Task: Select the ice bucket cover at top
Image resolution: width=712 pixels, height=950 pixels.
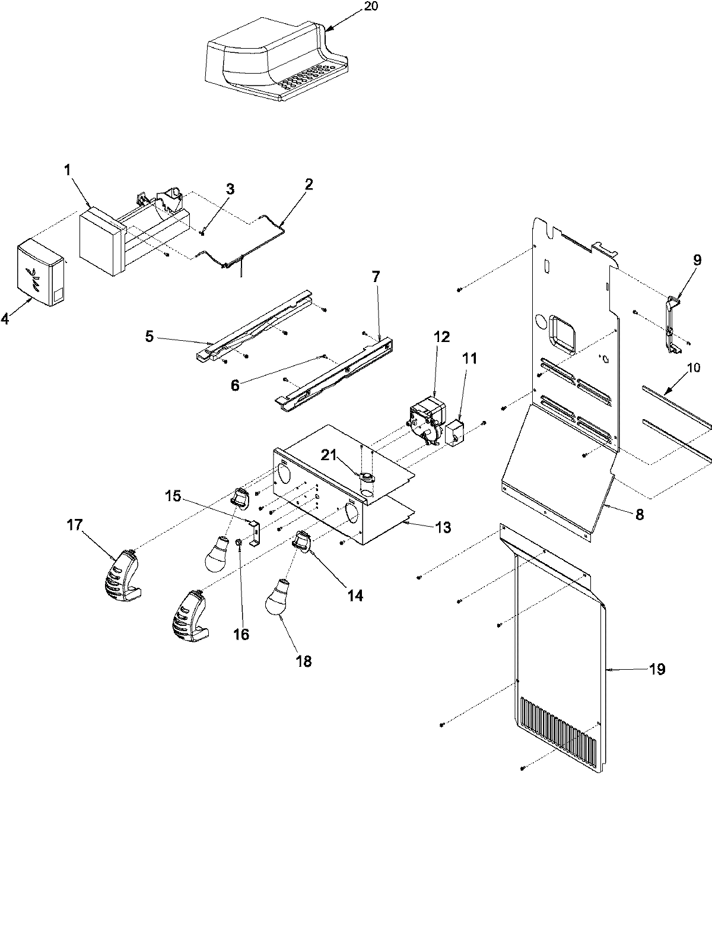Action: tap(267, 59)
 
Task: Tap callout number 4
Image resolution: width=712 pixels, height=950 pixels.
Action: tap(5, 319)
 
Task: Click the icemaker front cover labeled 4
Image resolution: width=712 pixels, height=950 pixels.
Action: tap(40, 274)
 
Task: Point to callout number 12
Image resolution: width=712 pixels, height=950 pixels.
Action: tap(442, 337)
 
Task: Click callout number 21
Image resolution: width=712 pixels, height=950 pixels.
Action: tap(328, 455)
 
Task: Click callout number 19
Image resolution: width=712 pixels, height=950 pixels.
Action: tap(657, 669)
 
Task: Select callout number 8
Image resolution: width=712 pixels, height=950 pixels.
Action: tap(639, 515)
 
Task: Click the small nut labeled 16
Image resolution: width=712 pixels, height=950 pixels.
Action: tap(238, 541)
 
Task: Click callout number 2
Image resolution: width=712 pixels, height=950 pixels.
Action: tap(309, 184)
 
